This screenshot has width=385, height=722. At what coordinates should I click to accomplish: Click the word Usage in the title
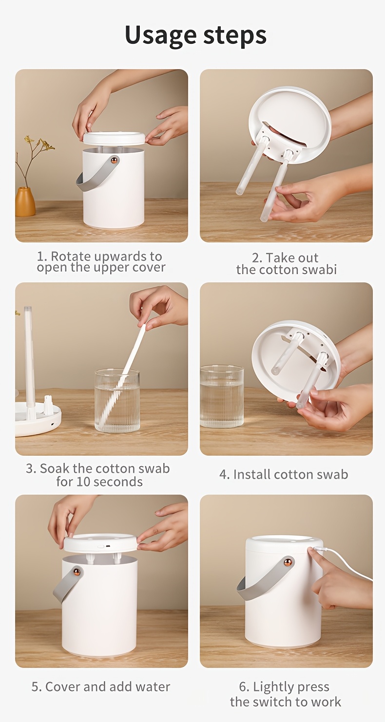(x=160, y=36)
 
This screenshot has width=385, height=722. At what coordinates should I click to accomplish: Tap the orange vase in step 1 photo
(x=25, y=202)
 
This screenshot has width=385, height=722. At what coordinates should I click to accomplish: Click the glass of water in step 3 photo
(x=117, y=401)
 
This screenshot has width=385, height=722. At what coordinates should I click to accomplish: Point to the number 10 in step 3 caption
(x=83, y=482)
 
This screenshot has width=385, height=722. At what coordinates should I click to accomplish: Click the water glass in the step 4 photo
(x=221, y=396)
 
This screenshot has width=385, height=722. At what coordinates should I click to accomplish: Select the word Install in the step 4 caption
(x=252, y=475)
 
